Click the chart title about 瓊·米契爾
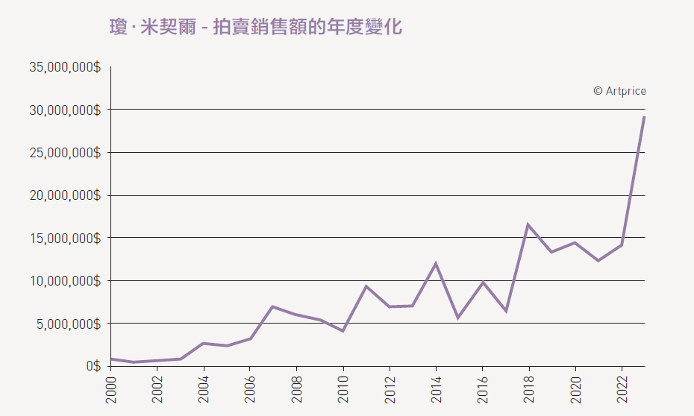click(x=256, y=28)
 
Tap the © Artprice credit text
click(x=619, y=91)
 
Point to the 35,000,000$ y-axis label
click(x=65, y=67)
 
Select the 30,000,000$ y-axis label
click(x=65, y=110)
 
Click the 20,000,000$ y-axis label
click(x=65, y=195)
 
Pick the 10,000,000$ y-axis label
click(x=65, y=281)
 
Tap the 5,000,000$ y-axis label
click(x=68, y=324)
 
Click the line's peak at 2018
click(x=528, y=224)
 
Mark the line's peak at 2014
click(x=436, y=263)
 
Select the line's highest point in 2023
click(x=644, y=117)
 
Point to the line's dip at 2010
click(x=343, y=330)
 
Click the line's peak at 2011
click(x=366, y=286)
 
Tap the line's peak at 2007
click(x=273, y=306)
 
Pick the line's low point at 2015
click(x=458, y=318)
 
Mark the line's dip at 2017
click(x=505, y=311)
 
